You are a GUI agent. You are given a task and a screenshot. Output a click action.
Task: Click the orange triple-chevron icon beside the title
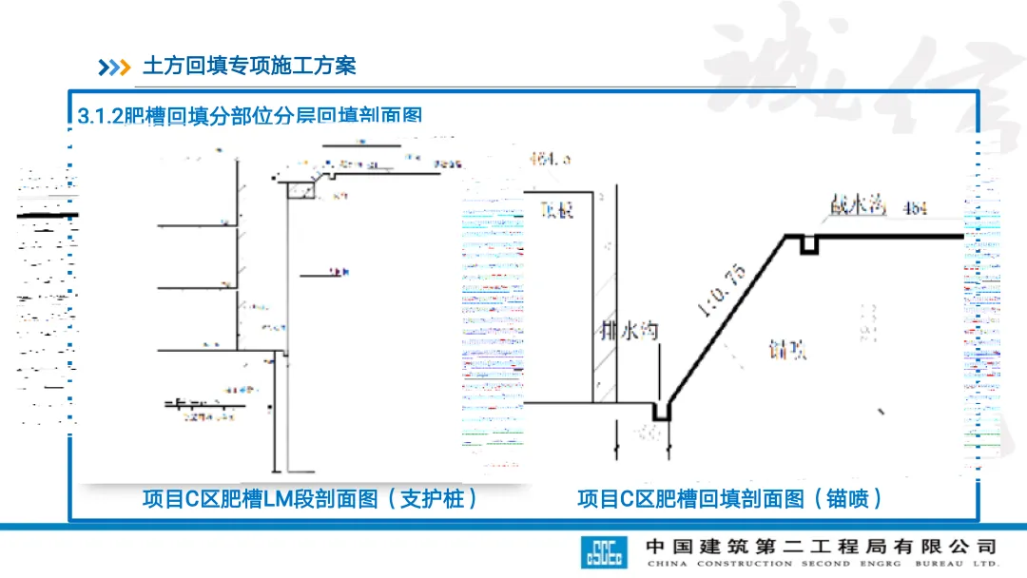pyautogui.click(x=114, y=67)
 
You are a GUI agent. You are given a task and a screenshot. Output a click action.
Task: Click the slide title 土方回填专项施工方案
pyautogui.click(x=249, y=66)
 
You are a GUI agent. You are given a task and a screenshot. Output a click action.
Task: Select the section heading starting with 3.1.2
pyautogui.click(x=250, y=116)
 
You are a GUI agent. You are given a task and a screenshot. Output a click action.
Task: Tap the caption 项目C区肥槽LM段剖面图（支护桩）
pyautogui.click(x=310, y=498)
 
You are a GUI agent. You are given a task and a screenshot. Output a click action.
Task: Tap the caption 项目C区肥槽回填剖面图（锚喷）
pyautogui.click(x=730, y=498)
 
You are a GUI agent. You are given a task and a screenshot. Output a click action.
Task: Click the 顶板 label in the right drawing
pyautogui.click(x=556, y=209)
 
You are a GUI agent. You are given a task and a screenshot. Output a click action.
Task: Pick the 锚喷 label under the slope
pyautogui.click(x=788, y=350)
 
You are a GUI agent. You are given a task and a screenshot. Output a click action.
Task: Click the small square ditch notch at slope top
pyautogui.click(x=808, y=244)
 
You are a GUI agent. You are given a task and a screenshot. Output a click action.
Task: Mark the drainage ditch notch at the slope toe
pyautogui.click(x=661, y=411)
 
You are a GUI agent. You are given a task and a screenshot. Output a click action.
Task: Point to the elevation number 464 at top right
pyautogui.click(x=916, y=208)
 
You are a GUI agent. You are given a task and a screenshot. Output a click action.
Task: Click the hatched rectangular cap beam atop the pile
pyautogui.click(x=301, y=190)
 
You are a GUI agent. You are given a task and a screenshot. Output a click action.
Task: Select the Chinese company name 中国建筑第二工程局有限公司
pyautogui.click(x=821, y=546)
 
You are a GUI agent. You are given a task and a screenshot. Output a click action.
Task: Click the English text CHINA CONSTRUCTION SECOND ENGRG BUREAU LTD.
pyautogui.click(x=821, y=564)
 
